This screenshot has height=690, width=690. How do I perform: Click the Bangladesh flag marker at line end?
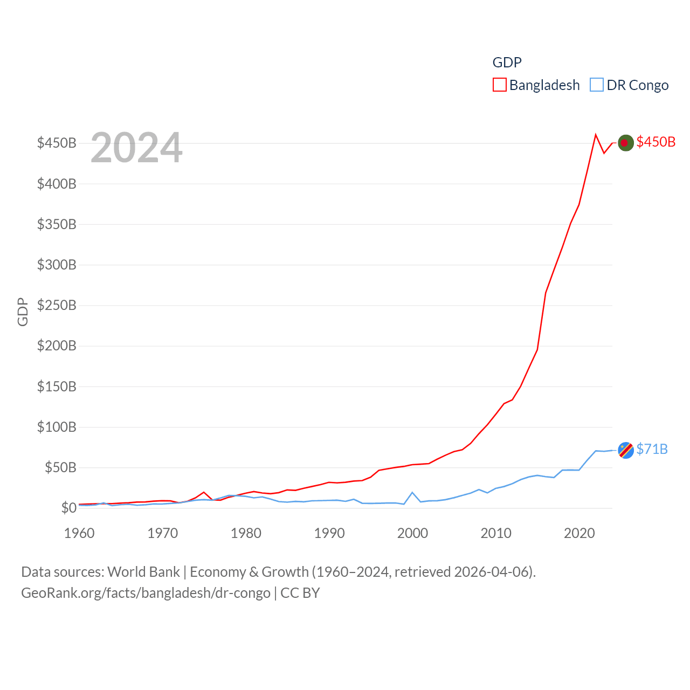(625, 143)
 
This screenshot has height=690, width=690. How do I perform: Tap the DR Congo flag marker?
(625, 450)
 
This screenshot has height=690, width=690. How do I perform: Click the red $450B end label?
(655, 142)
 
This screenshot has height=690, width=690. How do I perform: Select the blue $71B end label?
(652, 449)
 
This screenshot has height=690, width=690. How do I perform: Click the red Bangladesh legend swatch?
(500, 85)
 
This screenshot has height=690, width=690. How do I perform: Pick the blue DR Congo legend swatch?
(597, 85)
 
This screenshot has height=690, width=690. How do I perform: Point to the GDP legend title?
(507, 63)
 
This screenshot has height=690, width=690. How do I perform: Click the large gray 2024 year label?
(136, 148)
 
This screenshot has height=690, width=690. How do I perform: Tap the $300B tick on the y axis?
(57, 265)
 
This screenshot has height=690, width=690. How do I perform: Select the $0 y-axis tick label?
(68, 508)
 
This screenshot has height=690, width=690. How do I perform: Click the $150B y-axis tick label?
(57, 387)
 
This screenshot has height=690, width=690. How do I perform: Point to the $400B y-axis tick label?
(57, 184)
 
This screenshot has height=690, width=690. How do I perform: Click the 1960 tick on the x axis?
(79, 533)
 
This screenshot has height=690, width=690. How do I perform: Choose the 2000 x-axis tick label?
(412, 533)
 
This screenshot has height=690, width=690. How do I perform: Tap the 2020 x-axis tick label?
(579, 533)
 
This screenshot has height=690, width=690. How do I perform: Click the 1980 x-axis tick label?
(246, 533)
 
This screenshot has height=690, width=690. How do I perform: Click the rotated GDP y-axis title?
(22, 312)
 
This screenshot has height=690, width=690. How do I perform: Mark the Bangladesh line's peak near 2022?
(596, 135)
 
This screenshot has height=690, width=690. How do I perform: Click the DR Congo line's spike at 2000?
(412, 492)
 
